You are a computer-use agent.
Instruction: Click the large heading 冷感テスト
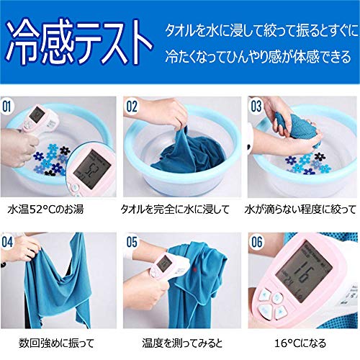point(79,42)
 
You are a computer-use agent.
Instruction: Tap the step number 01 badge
point(6,107)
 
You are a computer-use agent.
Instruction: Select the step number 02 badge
point(132,107)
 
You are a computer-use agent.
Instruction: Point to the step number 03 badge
point(256,107)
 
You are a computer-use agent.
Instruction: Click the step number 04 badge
point(7,242)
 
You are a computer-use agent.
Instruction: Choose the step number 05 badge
point(132,242)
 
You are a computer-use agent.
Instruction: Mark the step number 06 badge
point(256,242)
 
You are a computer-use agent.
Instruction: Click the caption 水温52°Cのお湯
point(45,210)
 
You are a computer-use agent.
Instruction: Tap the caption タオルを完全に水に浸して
point(175,210)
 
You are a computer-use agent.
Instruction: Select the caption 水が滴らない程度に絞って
point(300,210)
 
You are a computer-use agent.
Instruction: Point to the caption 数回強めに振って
point(56,343)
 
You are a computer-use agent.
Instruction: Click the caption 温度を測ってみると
point(182,343)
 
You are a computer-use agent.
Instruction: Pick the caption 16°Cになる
point(300,343)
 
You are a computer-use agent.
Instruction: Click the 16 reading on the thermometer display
point(303,272)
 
